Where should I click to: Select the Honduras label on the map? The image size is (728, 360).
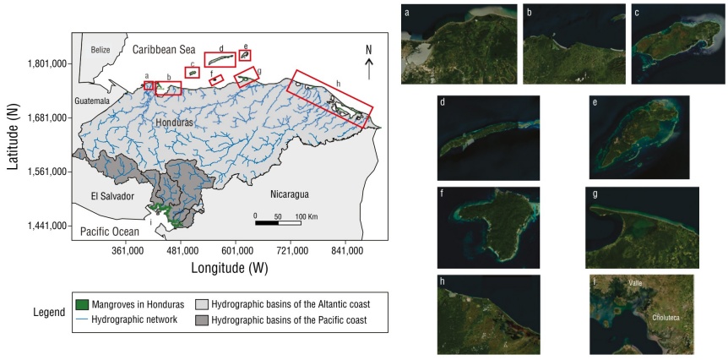click(176, 123)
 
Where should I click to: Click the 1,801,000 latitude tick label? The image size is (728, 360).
click(48, 63)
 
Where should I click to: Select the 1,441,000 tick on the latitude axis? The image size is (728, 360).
click(48, 226)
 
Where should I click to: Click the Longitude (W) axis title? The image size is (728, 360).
click(230, 268)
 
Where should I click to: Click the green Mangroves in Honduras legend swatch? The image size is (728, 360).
click(83, 304)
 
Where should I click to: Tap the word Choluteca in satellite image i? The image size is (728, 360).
click(671, 319)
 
